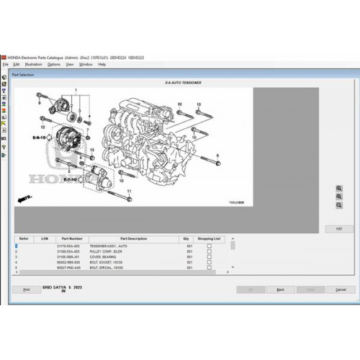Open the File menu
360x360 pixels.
click(x=5, y=64)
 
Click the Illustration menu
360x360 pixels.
click(x=34, y=64)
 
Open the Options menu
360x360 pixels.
click(x=55, y=64)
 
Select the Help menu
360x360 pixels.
click(x=102, y=64)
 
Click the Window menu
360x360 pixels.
click(x=86, y=64)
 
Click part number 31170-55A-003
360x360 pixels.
click(x=75, y=246)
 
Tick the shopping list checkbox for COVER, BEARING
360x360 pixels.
click(x=210, y=256)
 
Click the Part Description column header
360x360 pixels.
click(x=133, y=238)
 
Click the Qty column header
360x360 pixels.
click(x=186, y=238)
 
